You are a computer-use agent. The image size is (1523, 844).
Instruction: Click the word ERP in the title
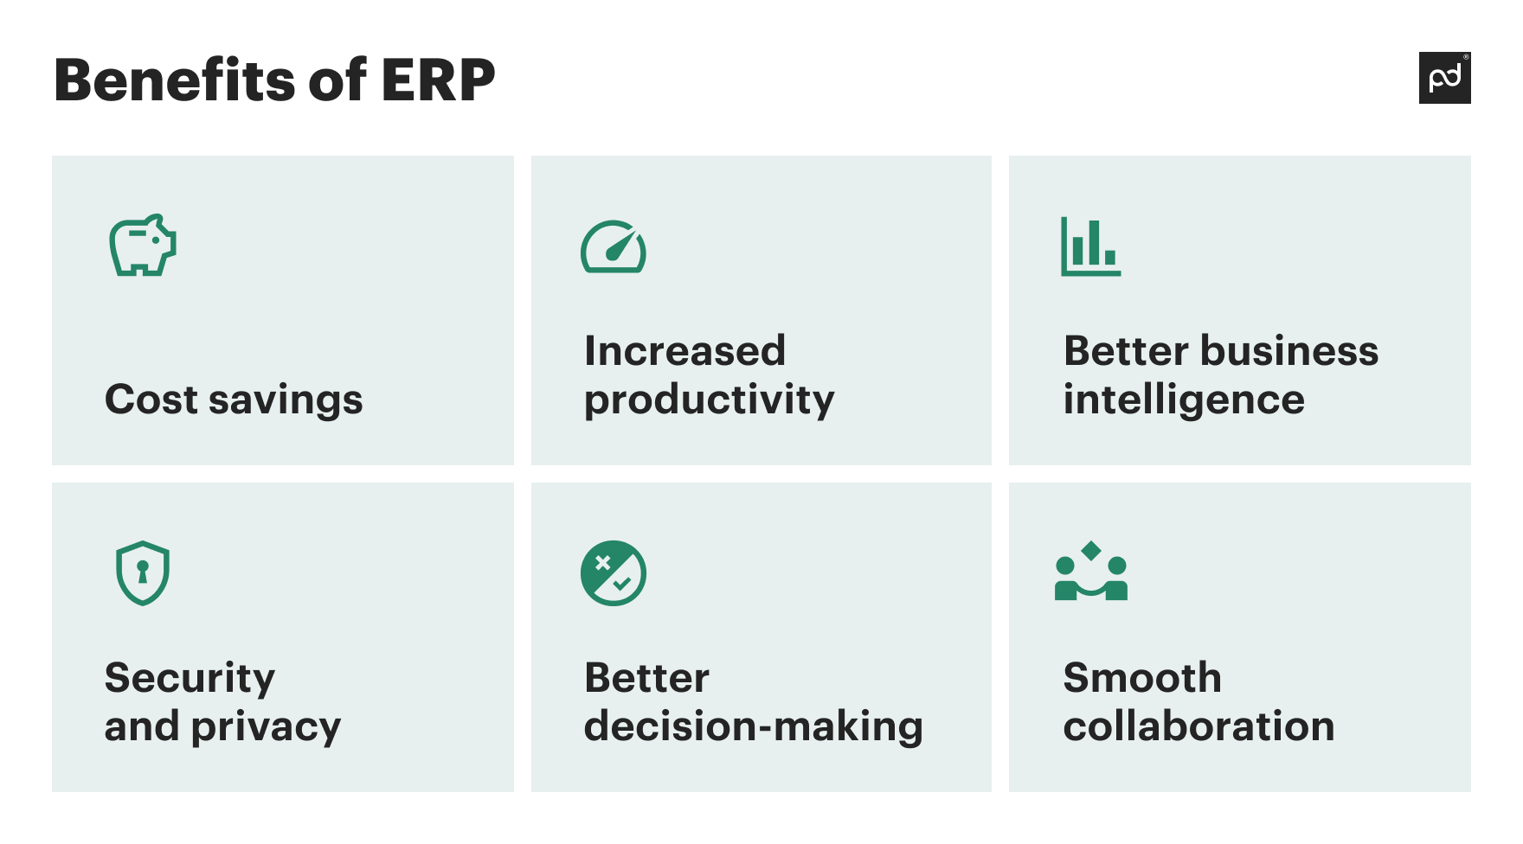(437, 80)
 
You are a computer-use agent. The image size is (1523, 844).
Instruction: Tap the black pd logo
(1444, 78)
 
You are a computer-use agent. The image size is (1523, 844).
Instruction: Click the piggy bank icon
(143, 246)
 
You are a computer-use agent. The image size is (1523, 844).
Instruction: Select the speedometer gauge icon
(613, 247)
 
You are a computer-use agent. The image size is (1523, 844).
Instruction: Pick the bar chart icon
(1090, 247)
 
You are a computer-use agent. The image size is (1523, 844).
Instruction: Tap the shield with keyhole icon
(143, 572)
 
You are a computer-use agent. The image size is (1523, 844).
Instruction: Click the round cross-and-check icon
(613, 572)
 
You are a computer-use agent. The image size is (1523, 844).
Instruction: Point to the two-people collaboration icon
(1090, 572)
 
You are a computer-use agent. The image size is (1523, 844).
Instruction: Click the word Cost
(151, 400)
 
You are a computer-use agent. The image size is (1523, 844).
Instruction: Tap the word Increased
(684, 351)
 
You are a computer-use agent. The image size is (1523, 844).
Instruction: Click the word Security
(190, 679)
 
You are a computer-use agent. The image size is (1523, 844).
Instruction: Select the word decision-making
(753, 727)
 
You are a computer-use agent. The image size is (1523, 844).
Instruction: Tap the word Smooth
(1141, 678)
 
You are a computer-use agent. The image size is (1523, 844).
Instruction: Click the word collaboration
(1198, 726)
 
